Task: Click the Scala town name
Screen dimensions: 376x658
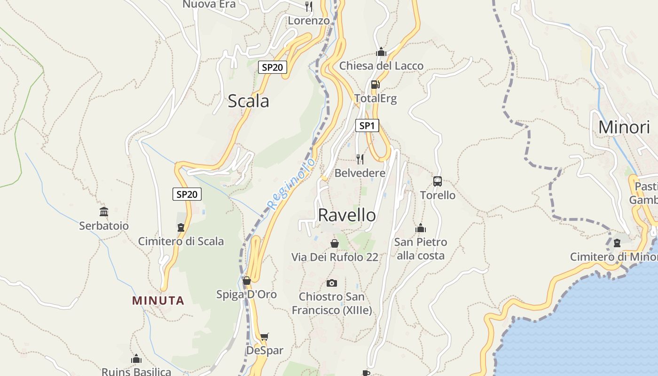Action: [x=248, y=101]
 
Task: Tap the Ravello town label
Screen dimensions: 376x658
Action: [x=347, y=215]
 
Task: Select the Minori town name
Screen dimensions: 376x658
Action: [x=624, y=127]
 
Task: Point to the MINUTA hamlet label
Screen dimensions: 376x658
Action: [x=158, y=301]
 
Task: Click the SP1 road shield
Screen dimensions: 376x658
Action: [x=367, y=125]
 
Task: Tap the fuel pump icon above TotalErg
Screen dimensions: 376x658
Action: [x=375, y=85]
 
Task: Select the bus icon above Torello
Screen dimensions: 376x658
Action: [x=438, y=181]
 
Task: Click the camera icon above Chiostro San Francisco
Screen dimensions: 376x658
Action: [x=332, y=283]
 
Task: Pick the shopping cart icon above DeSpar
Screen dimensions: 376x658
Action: [x=265, y=337]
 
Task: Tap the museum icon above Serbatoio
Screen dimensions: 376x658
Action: [x=104, y=212]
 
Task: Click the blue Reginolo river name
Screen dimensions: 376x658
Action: [x=291, y=184]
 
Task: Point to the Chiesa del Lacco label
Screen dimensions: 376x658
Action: [x=381, y=66]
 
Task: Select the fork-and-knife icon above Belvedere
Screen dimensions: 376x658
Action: [x=360, y=159]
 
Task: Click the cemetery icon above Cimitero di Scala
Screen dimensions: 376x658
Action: [x=181, y=228]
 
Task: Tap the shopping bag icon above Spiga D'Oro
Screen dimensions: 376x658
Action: [x=247, y=281]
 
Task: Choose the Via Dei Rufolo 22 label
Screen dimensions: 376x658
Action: [x=335, y=257]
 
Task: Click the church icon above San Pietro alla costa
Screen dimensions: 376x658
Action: [x=420, y=228]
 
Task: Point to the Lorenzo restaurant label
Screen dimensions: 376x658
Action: [x=309, y=21]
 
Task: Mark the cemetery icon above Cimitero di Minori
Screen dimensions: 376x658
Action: [x=617, y=243]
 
